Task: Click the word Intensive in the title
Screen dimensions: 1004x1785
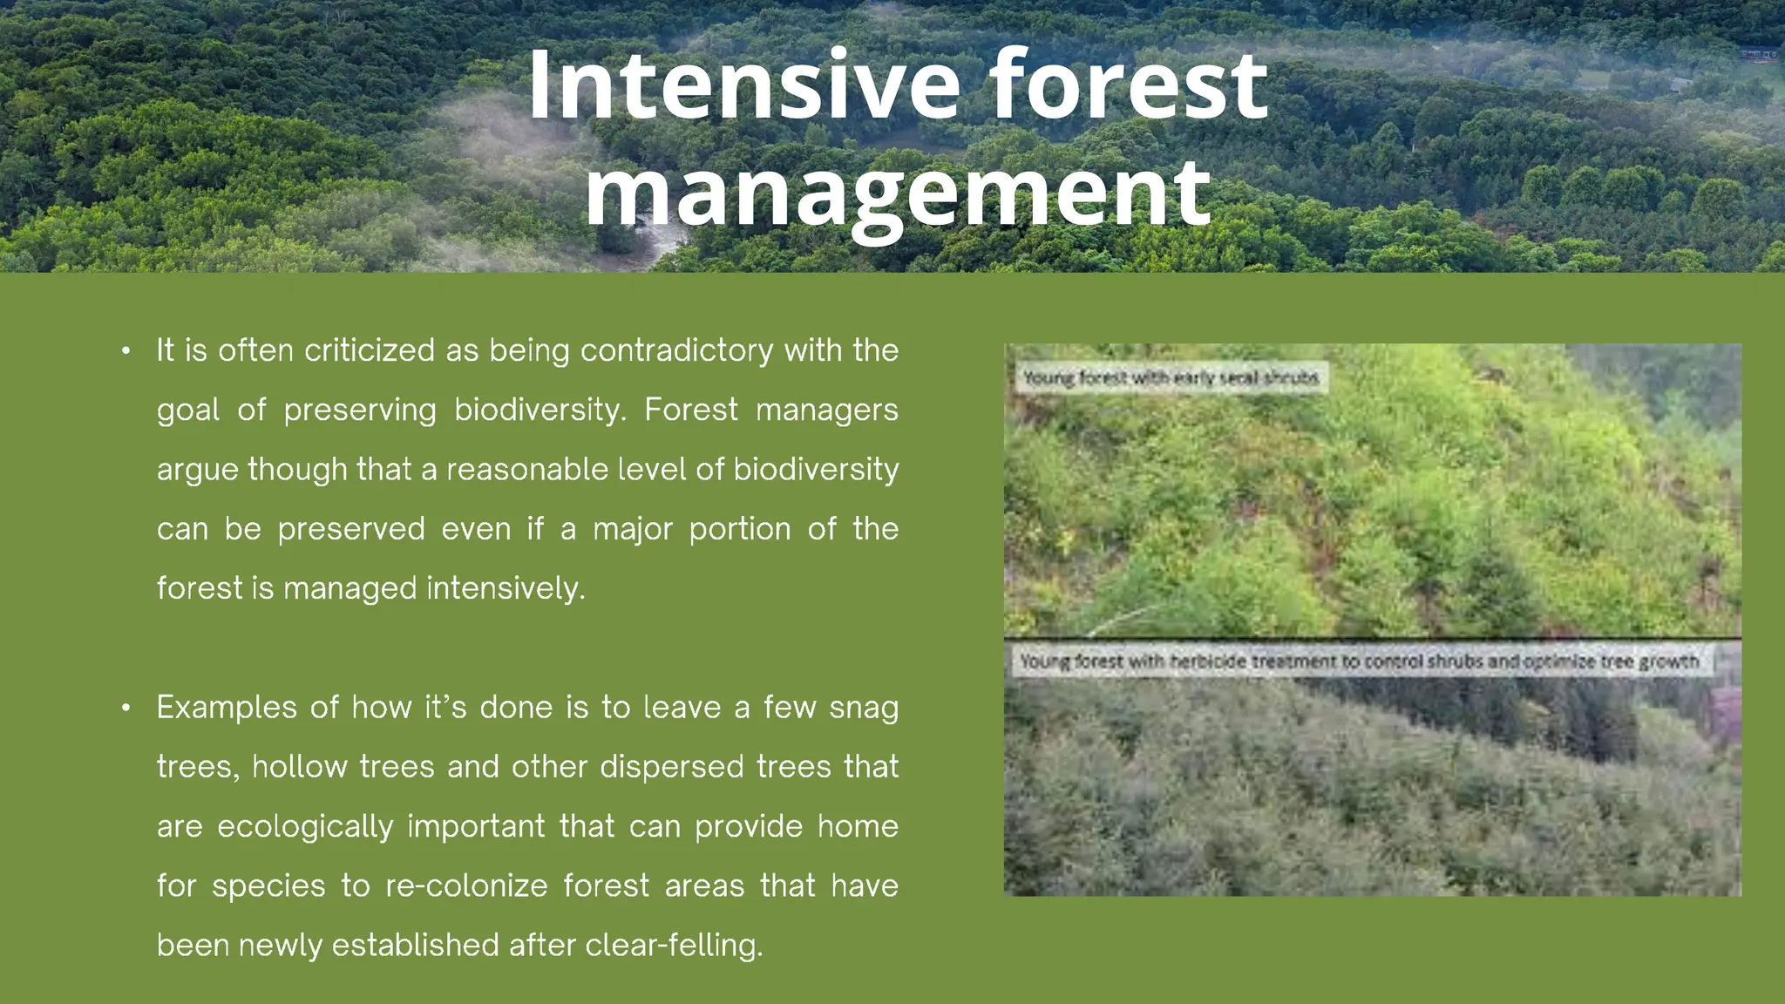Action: click(743, 85)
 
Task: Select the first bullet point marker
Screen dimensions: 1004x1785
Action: click(126, 351)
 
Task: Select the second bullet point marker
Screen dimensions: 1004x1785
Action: click(126, 708)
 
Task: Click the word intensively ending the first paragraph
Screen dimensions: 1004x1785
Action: click(506, 588)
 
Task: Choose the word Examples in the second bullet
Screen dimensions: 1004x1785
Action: click(227, 708)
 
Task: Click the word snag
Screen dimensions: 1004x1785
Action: click(863, 708)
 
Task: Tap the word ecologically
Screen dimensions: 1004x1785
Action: click(305, 826)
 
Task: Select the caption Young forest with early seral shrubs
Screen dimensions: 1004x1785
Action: click(1171, 378)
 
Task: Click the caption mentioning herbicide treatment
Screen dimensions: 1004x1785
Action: click(1359, 661)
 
